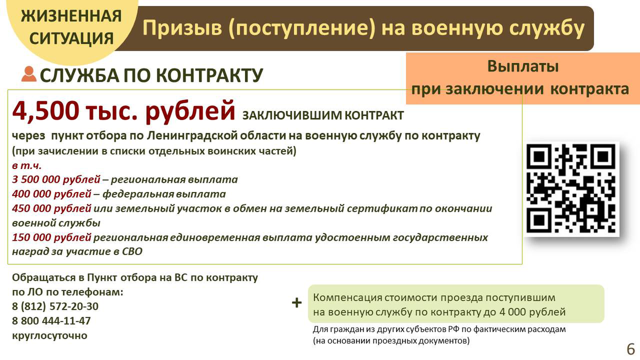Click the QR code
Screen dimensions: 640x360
click(x=572, y=189)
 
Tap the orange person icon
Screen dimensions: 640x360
click(x=28, y=74)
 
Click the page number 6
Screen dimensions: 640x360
click(x=631, y=349)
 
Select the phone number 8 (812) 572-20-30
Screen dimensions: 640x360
click(x=55, y=306)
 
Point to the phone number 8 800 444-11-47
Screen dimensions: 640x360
click(x=51, y=321)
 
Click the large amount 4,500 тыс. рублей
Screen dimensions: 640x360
click(x=124, y=111)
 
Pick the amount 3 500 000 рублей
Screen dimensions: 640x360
click(x=56, y=179)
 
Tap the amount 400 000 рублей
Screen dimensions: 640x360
click(x=52, y=194)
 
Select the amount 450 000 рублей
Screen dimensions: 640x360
click(x=52, y=208)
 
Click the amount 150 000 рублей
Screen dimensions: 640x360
click(x=52, y=237)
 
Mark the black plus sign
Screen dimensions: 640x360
click(x=296, y=303)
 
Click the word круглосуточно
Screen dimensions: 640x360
click(x=50, y=335)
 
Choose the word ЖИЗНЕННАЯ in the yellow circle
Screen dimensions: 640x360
click(x=72, y=16)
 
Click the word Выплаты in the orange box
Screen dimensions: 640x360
click(x=523, y=66)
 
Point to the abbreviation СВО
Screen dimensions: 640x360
click(x=132, y=252)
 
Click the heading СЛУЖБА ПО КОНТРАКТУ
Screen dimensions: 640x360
click(x=152, y=75)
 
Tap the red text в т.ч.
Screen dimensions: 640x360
click(x=27, y=165)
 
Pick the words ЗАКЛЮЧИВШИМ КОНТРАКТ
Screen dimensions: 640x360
click(x=323, y=115)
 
